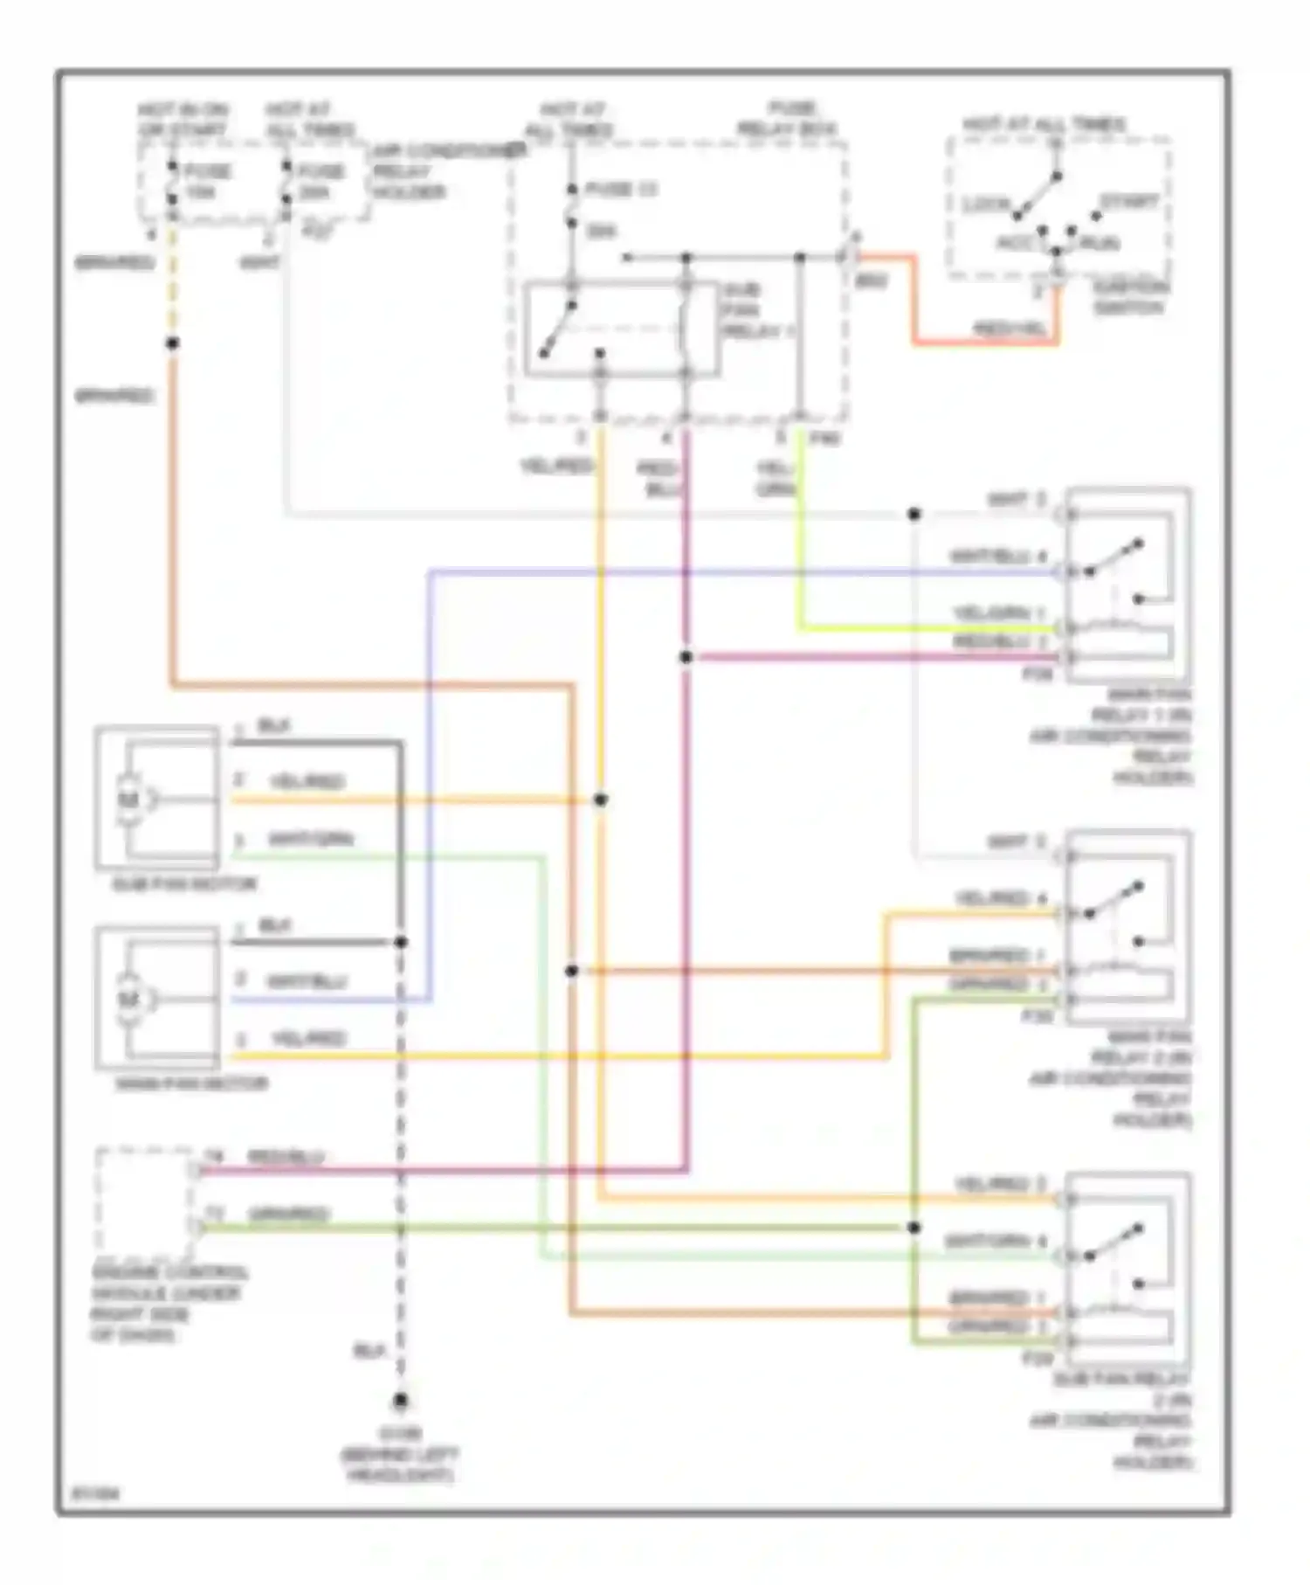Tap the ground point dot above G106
(400, 1401)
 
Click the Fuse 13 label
(620, 190)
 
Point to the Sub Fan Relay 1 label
(755, 311)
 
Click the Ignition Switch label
(1128, 297)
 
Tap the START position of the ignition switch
(1128, 202)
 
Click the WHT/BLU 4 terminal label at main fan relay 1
(997, 557)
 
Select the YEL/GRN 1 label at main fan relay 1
(998, 614)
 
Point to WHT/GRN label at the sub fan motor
(310, 840)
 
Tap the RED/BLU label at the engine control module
(285, 1157)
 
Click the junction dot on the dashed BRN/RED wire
(172, 343)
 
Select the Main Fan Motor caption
(191, 1083)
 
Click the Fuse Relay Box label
(786, 119)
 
